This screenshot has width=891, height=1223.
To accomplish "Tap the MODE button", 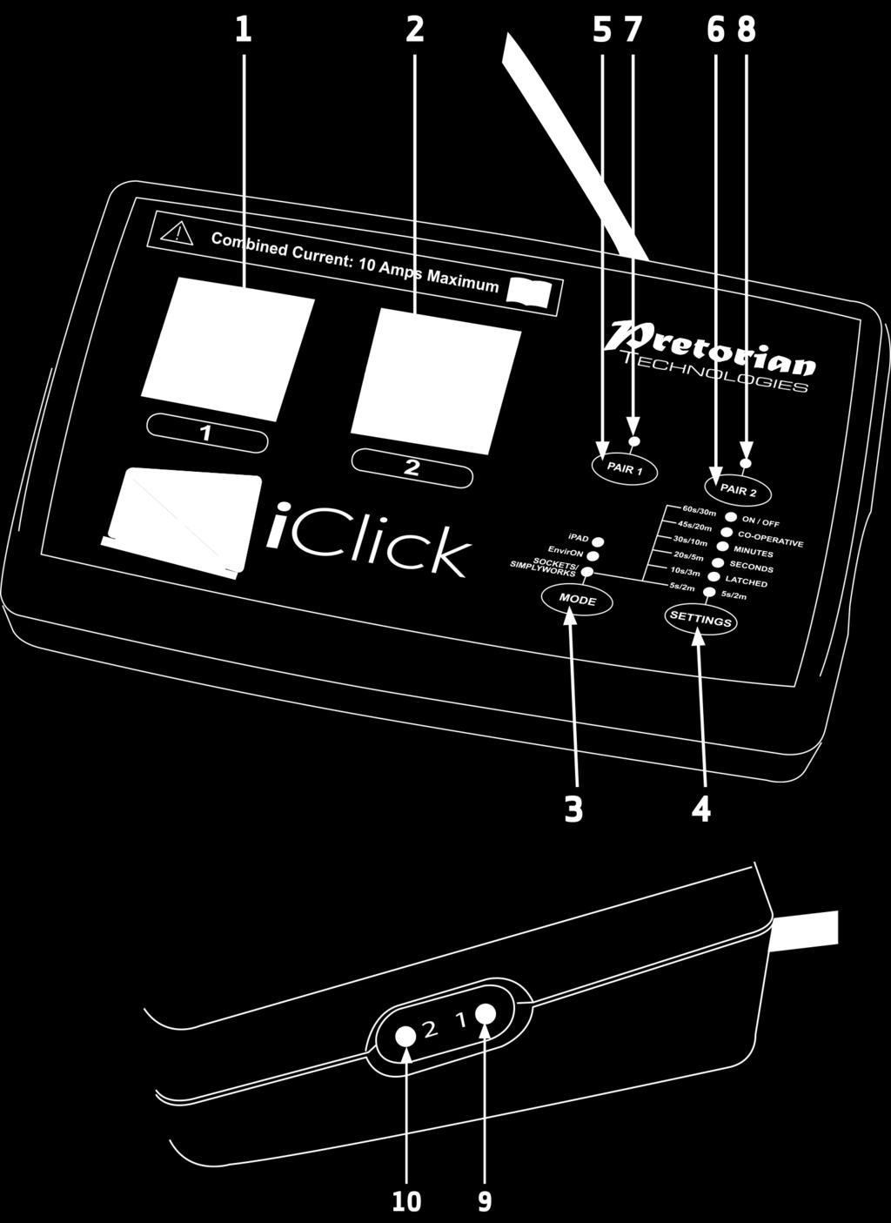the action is (577, 601).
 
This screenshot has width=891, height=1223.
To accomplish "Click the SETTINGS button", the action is (700, 620).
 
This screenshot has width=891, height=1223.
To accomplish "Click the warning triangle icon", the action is (177, 234).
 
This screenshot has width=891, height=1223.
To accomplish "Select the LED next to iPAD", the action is (600, 541).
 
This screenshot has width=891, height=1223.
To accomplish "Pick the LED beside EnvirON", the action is (593, 556).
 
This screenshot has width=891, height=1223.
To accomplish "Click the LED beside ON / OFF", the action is (731, 517).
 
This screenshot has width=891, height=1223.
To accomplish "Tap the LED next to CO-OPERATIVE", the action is (727, 532).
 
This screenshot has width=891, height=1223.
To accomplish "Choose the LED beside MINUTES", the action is (722, 547).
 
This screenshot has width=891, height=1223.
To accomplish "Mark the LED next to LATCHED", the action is (713, 576).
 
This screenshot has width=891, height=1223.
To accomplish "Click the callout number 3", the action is (573, 810).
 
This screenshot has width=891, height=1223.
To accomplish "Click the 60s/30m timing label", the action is (699, 511).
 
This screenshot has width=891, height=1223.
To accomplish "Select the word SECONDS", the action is (751, 568).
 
